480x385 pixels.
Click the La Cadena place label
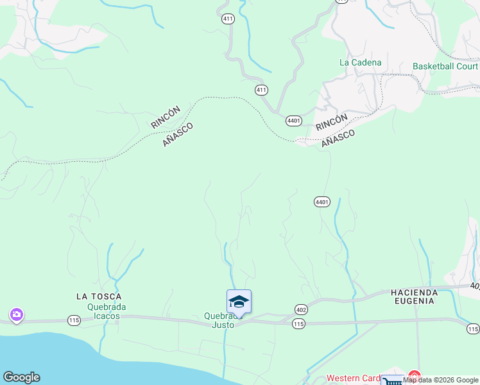[360, 62]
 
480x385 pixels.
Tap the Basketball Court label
[445, 66]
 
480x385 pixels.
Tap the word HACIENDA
[414, 292]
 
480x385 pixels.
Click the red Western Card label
[354, 378]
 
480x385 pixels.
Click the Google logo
[21, 377]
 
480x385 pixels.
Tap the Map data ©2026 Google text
[441, 380]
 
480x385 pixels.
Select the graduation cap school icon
[239, 301]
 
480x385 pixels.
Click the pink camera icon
[16, 314]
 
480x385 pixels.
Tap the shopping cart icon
[392, 381]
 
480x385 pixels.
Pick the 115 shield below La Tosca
[74, 320]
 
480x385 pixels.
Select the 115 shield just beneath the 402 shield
[298, 325]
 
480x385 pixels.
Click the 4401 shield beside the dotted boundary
[294, 121]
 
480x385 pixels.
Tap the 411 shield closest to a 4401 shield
[261, 90]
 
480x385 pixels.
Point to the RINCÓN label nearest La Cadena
[332, 121]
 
